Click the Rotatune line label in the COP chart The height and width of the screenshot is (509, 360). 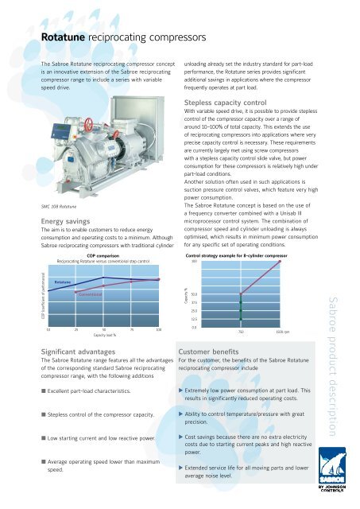click(64, 282)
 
